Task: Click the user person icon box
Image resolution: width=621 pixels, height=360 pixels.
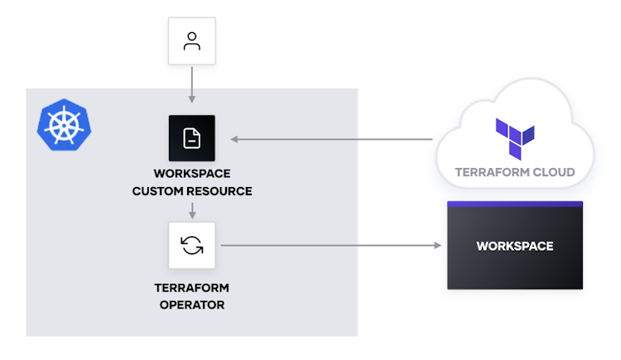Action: coord(192,41)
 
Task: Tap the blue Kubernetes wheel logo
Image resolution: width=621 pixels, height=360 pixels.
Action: coord(64,126)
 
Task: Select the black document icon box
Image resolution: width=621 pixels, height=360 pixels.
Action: coord(192,138)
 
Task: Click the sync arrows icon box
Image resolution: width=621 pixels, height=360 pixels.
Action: coord(192,245)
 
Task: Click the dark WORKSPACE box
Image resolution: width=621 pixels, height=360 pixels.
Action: coord(515,246)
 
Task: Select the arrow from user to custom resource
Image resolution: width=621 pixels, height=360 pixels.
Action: coord(192,84)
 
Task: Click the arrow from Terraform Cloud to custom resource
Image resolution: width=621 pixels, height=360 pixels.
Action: coord(331,139)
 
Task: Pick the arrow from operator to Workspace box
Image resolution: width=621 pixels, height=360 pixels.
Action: coord(331,245)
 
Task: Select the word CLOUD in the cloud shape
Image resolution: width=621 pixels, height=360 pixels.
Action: coord(554,173)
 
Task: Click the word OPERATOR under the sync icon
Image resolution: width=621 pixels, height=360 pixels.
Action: coord(192,305)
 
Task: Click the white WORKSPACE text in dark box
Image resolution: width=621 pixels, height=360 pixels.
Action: coord(515,246)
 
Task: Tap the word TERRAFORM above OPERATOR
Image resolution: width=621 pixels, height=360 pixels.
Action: coord(192,288)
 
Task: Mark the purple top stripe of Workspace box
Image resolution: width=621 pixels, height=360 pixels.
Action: coord(515,204)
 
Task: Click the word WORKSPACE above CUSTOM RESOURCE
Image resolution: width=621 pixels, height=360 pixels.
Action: coord(192,174)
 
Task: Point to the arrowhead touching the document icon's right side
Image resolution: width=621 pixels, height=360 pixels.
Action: coord(234,139)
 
